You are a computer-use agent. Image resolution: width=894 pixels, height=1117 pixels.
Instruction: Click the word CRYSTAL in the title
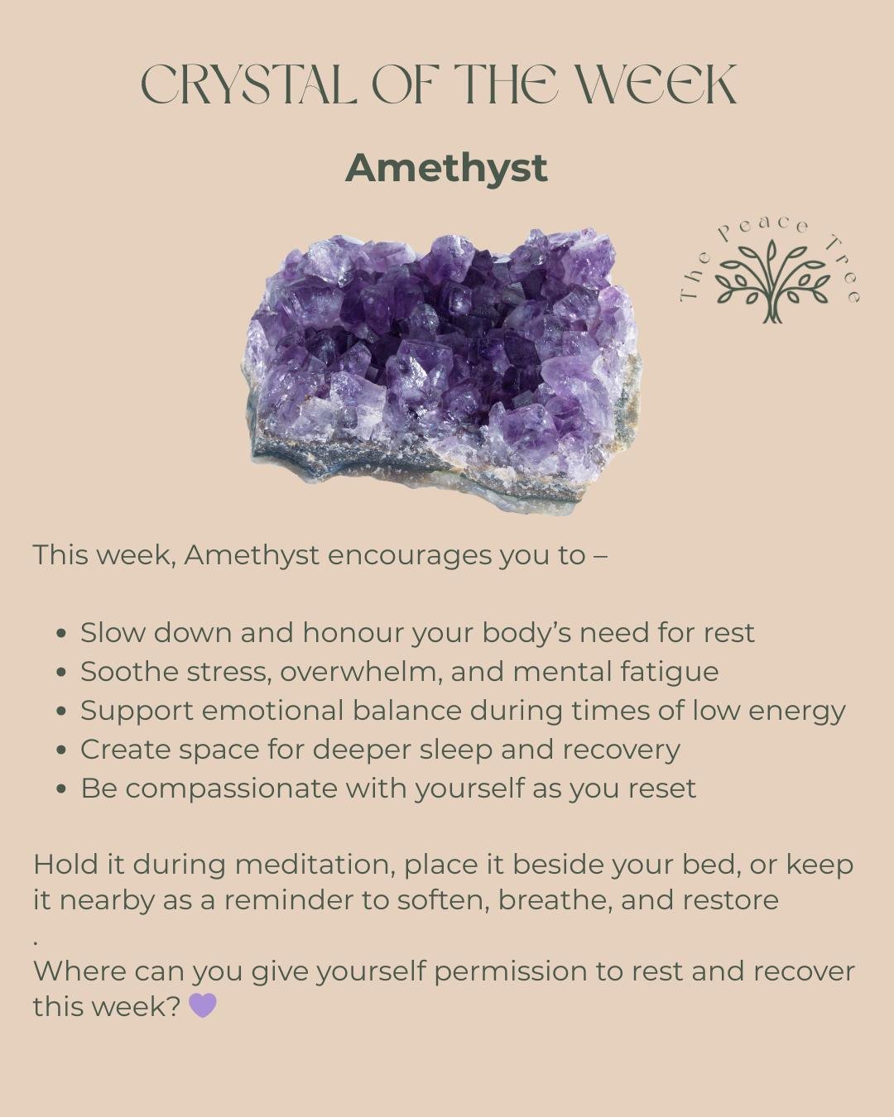click(x=249, y=84)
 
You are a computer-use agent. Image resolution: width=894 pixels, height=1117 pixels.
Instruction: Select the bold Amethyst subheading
click(x=446, y=168)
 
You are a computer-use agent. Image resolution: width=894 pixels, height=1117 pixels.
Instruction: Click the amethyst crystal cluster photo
click(x=443, y=368)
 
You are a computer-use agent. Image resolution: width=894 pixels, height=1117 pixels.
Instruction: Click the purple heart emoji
click(x=203, y=1005)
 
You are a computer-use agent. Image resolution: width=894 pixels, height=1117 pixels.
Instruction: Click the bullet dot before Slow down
click(x=61, y=634)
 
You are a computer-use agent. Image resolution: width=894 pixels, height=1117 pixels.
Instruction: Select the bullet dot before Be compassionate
click(x=61, y=789)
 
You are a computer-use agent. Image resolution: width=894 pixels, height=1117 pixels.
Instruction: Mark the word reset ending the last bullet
click(x=661, y=789)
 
